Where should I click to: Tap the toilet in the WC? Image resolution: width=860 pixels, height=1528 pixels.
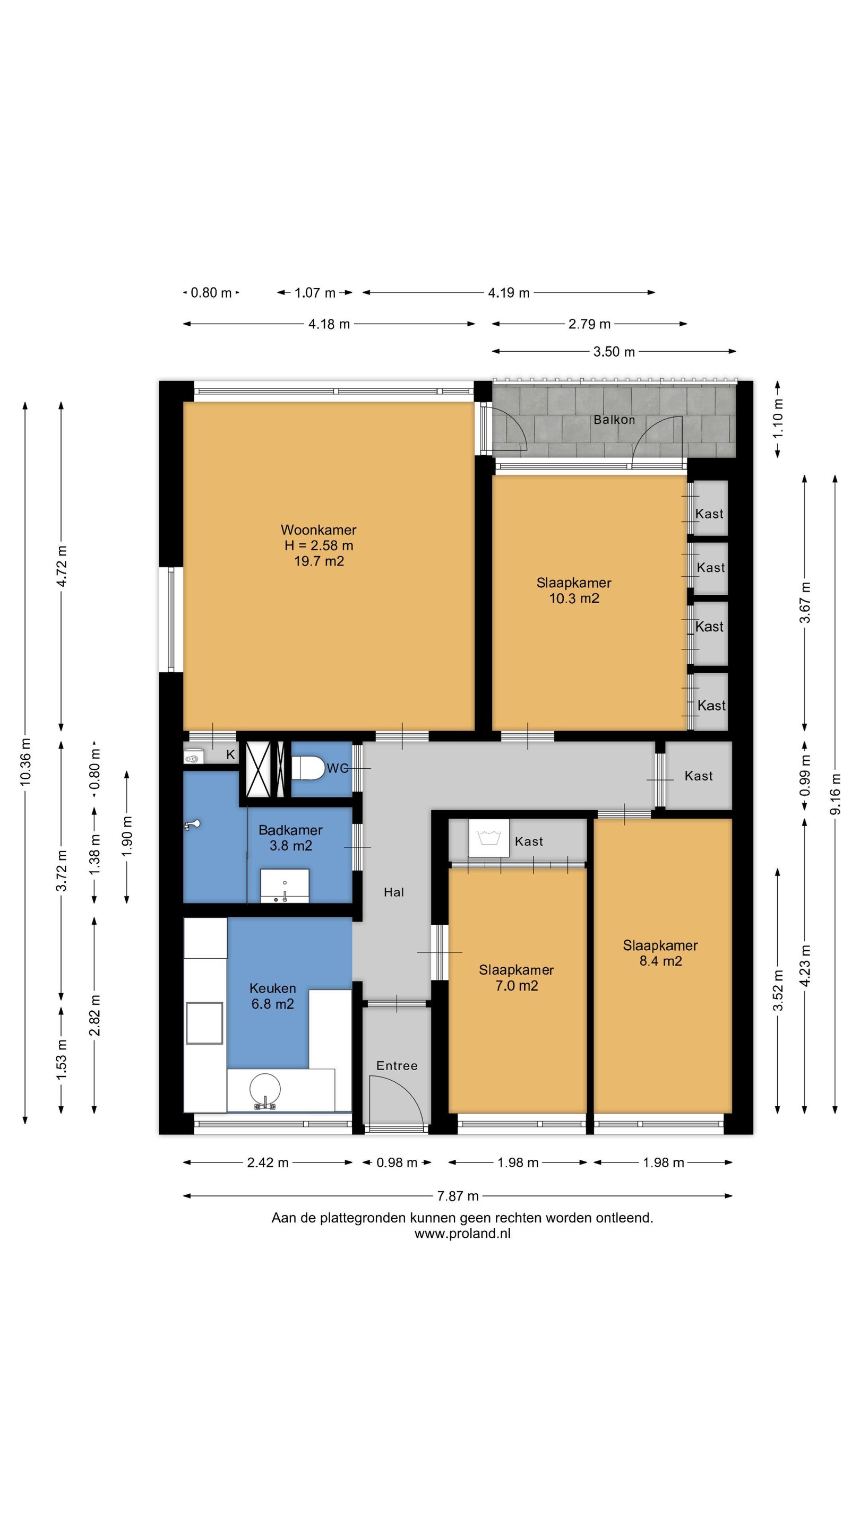307,768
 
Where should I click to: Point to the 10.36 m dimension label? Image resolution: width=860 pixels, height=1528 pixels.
25,762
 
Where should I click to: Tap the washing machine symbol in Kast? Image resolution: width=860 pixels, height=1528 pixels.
488,838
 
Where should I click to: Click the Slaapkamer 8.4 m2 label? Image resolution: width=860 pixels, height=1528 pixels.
660,953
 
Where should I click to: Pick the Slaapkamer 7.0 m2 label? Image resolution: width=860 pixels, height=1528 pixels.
517,977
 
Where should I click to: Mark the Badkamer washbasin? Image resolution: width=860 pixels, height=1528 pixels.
285,886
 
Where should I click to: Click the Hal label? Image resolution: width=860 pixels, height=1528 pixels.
393,892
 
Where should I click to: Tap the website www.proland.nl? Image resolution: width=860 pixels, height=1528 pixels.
462,1234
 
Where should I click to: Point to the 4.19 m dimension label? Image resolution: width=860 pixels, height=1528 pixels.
509,292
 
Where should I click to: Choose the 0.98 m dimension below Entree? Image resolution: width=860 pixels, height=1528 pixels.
397,1162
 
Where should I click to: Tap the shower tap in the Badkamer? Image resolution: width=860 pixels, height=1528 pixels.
192,824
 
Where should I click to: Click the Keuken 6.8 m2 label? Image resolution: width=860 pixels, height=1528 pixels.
272,996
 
